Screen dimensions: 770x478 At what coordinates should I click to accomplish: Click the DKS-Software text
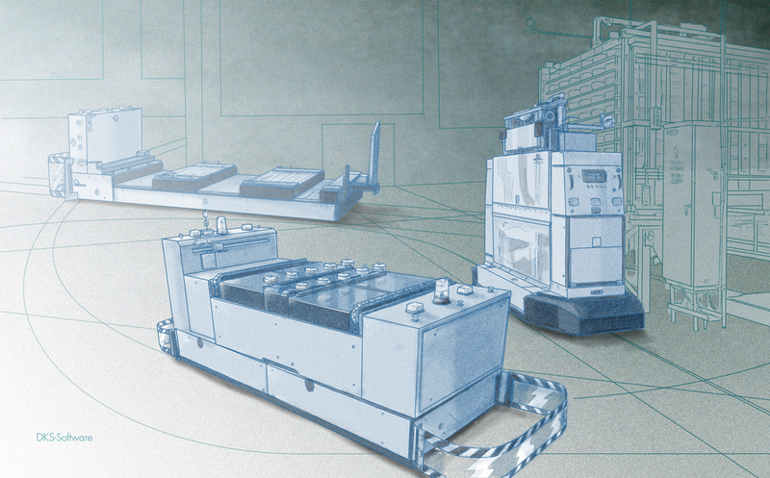(x=64, y=438)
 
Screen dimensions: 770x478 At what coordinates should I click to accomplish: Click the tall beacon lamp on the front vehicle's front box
(x=442, y=291)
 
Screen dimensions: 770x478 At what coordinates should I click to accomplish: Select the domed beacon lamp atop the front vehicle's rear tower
(x=222, y=224)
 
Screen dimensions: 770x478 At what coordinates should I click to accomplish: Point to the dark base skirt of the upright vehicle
(x=583, y=314)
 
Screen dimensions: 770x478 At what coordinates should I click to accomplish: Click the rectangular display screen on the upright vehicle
(x=594, y=176)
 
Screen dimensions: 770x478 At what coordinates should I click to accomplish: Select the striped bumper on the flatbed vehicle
(x=60, y=174)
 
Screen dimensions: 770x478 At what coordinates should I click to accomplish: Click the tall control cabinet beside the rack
(x=692, y=205)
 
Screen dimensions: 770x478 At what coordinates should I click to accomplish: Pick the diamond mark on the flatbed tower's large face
(x=115, y=119)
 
